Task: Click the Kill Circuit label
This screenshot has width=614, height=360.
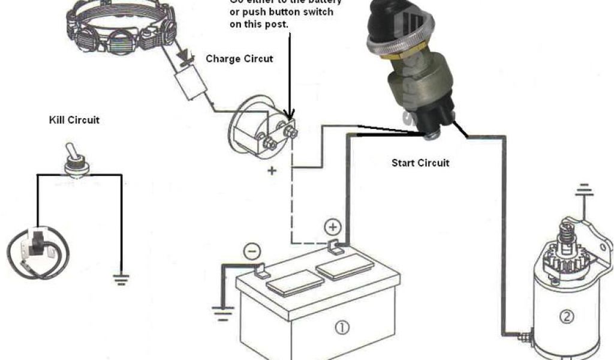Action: (74, 120)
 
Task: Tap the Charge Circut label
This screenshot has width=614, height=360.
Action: (239, 59)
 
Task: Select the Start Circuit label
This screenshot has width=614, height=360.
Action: (420, 163)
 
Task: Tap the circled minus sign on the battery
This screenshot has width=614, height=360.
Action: (252, 251)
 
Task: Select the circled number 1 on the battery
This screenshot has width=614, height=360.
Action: (341, 328)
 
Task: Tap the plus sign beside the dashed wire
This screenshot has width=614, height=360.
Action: (272, 171)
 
